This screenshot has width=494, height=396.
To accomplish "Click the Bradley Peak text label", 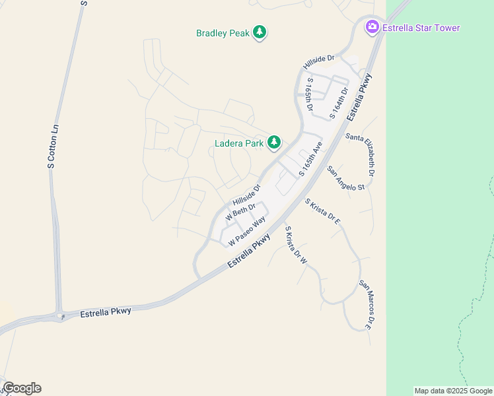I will tap(223, 33).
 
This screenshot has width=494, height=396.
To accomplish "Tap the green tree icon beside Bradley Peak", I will tap(260, 32).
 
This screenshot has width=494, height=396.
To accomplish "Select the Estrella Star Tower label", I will tap(420, 28).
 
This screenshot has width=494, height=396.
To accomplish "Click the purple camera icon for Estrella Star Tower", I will tap(372, 27).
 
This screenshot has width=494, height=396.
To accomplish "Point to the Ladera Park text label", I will tap(239, 143).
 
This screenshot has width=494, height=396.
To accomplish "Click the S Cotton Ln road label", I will tap(52, 146).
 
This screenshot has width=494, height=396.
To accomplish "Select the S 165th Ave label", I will tap(310, 159).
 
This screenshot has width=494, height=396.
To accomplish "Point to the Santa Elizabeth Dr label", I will tap(361, 156).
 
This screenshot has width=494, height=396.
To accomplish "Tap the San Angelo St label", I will tap(346, 178).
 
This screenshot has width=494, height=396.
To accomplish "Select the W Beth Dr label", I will tap(240, 212).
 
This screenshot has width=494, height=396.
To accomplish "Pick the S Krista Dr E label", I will tap(322, 212).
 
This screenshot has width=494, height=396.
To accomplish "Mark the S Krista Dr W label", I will tap(295, 245).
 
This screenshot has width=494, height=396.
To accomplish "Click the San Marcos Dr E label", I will tap(369, 304).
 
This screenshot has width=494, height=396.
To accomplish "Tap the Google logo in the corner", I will tap(22, 388).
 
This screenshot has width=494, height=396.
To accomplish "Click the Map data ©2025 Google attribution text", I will tap(453, 391).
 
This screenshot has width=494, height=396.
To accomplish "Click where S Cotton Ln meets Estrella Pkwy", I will tap(61, 315).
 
